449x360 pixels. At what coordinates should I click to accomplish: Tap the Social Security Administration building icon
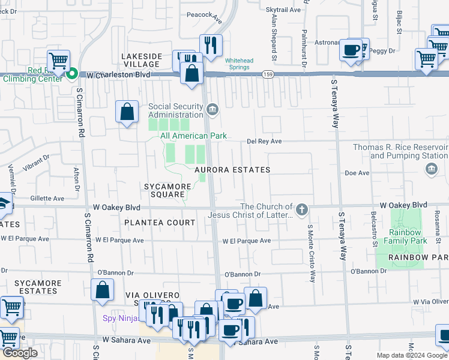tap(212, 110)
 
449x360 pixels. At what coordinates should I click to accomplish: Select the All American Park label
tap(193, 136)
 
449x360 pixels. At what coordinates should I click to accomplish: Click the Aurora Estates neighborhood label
tap(232, 170)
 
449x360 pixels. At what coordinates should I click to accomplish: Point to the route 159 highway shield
tap(268, 74)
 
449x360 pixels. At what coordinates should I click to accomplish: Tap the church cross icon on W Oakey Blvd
tap(301, 210)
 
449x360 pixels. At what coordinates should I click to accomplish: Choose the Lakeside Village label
tap(142, 61)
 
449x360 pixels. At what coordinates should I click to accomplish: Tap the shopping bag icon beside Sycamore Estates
tap(103, 289)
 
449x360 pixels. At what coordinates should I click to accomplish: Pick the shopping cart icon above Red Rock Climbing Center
tap(58, 60)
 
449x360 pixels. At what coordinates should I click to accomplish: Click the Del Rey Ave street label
tap(265, 142)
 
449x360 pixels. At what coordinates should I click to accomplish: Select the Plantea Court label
tap(160, 223)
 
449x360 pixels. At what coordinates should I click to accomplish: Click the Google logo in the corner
tap(20, 353)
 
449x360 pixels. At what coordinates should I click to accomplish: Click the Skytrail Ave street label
tap(283, 10)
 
